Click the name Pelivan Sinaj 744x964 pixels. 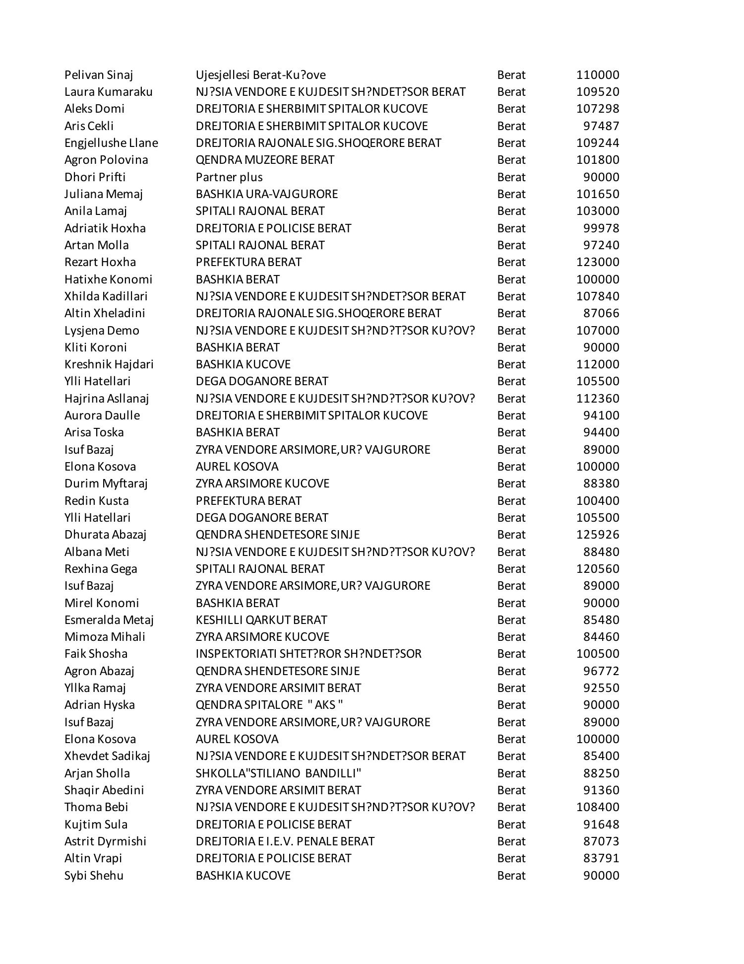[99, 75]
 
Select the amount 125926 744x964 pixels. [597, 535]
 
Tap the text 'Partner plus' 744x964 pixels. [229, 177]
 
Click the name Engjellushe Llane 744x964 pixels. [111, 143]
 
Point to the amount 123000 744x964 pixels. [597, 262]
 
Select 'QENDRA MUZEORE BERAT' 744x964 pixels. [265, 160]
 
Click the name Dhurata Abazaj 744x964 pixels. [105, 535]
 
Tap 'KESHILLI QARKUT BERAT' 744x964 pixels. [261, 620]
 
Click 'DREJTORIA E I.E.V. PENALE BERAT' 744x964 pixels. [285, 841]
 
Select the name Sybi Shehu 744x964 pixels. [94, 876]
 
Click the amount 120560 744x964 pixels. [597, 569]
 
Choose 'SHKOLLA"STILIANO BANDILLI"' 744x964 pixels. [278, 773]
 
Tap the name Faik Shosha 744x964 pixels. [96, 654]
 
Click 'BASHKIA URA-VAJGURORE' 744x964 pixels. [266, 194]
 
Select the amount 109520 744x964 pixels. [597, 92]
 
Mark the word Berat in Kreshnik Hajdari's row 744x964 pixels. [511, 364]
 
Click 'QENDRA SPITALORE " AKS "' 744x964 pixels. [269, 705]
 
